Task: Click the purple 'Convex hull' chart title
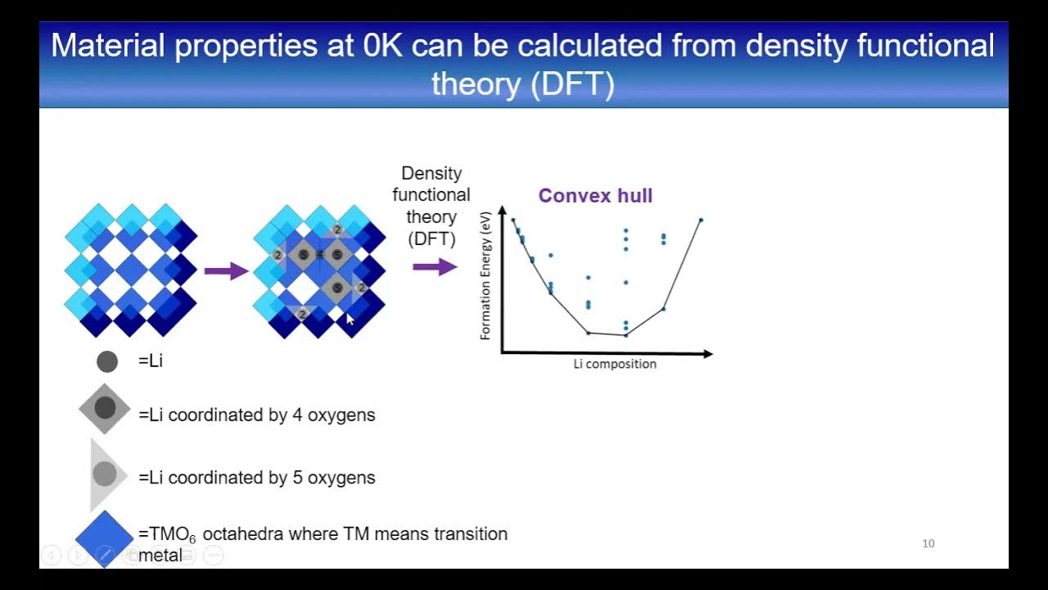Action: click(x=595, y=196)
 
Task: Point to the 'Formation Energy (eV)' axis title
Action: click(x=486, y=275)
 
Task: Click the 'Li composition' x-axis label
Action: click(x=614, y=364)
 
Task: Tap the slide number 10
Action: click(x=928, y=543)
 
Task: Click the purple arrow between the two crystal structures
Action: click(x=225, y=270)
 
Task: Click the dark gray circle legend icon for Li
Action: click(x=107, y=361)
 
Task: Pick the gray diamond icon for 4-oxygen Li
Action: click(x=105, y=408)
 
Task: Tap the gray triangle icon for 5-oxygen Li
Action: click(x=106, y=474)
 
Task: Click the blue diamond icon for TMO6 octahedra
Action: click(x=105, y=538)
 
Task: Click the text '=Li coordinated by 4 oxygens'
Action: click(x=257, y=415)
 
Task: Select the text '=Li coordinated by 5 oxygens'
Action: click(x=257, y=478)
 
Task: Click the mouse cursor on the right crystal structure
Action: click(x=350, y=319)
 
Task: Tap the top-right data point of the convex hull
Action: click(x=700, y=220)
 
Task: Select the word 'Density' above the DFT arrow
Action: click(x=431, y=174)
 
